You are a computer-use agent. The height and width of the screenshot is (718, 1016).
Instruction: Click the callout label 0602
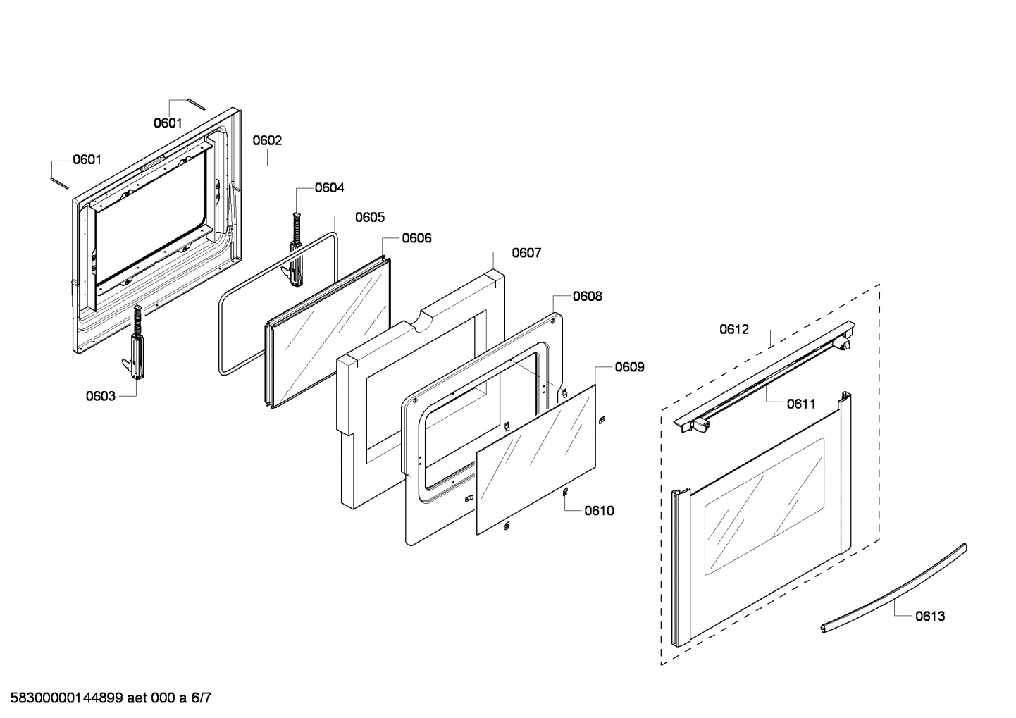pyautogui.click(x=267, y=140)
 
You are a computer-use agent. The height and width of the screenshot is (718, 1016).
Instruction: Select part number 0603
pyautogui.click(x=101, y=396)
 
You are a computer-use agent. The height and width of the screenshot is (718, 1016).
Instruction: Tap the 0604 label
pyautogui.click(x=329, y=187)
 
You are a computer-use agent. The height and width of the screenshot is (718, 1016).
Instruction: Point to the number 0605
pyautogui.click(x=369, y=217)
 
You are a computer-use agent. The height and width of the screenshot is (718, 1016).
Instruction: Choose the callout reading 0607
pyautogui.click(x=526, y=252)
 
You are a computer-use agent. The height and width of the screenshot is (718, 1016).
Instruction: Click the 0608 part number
pyautogui.click(x=587, y=296)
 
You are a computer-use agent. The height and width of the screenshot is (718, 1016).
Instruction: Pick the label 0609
pyautogui.click(x=629, y=366)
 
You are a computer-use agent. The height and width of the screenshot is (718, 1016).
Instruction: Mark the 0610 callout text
pyautogui.click(x=599, y=510)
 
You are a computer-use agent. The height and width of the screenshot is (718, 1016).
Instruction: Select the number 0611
pyautogui.click(x=801, y=404)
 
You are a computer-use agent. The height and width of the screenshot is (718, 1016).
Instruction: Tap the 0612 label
pyautogui.click(x=734, y=329)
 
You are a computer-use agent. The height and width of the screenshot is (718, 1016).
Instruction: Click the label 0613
pyautogui.click(x=930, y=616)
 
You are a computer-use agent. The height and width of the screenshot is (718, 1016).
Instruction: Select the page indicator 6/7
pyautogui.click(x=201, y=698)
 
